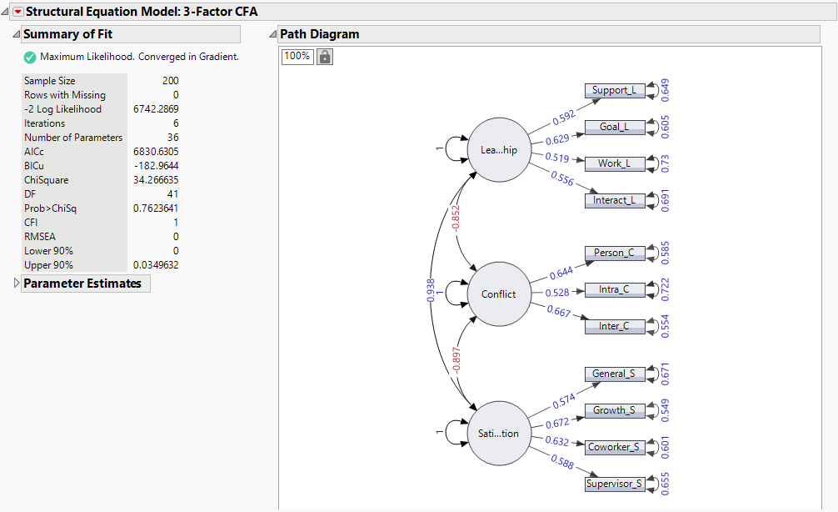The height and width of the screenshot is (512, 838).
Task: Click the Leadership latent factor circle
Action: coord(499,149)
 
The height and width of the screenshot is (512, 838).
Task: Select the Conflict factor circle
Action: coord(499,294)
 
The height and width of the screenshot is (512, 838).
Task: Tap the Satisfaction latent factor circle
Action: coord(499,433)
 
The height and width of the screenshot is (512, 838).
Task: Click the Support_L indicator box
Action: coord(615,91)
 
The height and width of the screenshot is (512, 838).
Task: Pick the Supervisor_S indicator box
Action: coord(615,484)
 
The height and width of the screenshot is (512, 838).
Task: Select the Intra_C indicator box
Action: coord(615,290)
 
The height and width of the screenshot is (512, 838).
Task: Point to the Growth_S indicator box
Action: coord(615,410)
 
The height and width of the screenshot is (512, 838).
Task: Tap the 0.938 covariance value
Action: coord(431,292)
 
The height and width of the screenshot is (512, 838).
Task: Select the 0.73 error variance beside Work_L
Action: coord(664,163)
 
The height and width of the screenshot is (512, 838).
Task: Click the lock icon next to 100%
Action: coord(325,57)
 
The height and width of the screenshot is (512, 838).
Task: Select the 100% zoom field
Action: coord(297,57)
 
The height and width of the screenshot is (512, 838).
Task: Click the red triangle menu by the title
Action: coord(17,12)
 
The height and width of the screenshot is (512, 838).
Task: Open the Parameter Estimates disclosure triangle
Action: coord(17,284)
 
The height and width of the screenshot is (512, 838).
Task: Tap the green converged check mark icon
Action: coord(30,58)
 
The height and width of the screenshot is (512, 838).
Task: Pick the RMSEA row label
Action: coord(41,237)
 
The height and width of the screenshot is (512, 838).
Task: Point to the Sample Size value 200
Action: coord(170,81)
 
